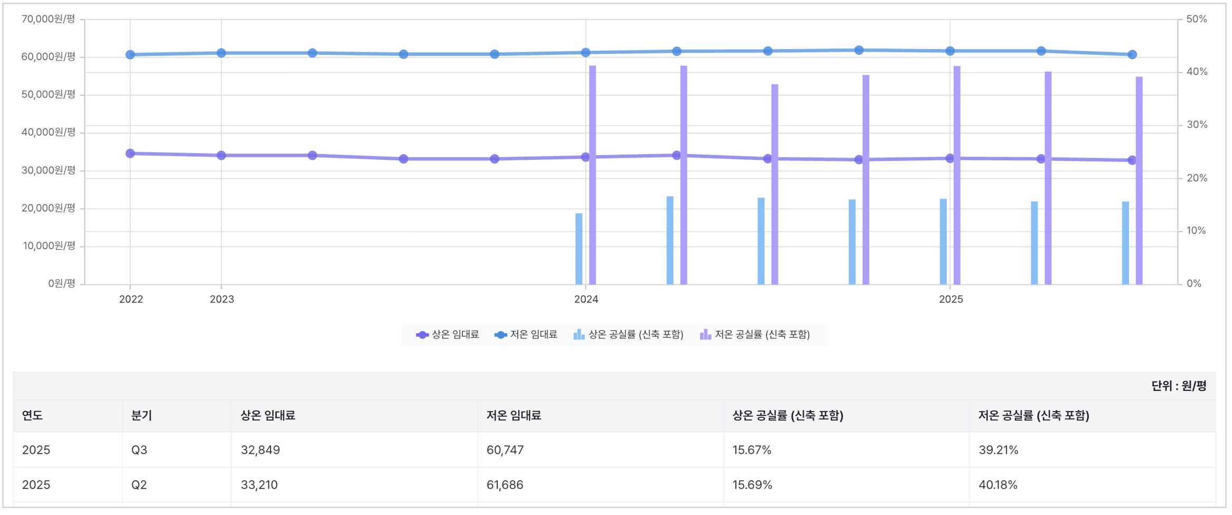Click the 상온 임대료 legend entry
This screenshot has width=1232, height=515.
click(448, 335)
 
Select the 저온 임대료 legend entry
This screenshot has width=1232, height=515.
click(526, 335)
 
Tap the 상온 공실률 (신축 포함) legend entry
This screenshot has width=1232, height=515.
click(629, 335)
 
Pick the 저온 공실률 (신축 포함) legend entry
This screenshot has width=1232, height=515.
click(755, 335)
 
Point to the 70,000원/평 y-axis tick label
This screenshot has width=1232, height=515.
click(49, 19)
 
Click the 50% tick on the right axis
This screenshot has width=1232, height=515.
click(1196, 19)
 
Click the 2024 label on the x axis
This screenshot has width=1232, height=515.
click(586, 299)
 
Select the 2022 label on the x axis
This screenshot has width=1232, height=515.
click(131, 299)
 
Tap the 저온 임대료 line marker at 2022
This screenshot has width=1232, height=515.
click(130, 54)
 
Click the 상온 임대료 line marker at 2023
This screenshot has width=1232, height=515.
click(221, 155)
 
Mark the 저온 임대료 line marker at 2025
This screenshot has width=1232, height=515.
click(950, 51)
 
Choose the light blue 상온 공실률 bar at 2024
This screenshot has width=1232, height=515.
click(579, 249)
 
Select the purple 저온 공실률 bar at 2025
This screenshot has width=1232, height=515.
click(957, 175)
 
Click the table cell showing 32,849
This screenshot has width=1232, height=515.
click(260, 450)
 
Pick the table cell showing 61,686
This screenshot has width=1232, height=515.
click(505, 485)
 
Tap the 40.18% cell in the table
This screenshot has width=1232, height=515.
click(998, 485)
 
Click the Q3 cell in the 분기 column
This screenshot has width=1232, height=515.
click(139, 450)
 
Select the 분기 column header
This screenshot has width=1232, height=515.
click(142, 416)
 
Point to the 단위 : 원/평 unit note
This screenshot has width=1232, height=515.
click(1179, 386)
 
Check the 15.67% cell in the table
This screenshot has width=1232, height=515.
click(752, 450)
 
